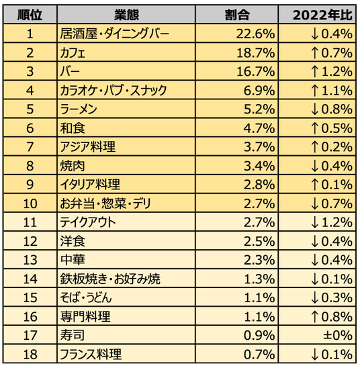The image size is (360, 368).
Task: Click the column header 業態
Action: pyautogui.click(x=126, y=15)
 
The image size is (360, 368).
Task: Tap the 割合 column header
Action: pyautogui.click(x=237, y=15)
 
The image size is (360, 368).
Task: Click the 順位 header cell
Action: pyautogui.click(x=30, y=15)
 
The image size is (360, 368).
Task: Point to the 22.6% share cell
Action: pyautogui.click(x=255, y=34)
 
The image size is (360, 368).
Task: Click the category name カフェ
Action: pyautogui.click(x=73, y=53)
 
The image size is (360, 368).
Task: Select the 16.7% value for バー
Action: pyautogui.click(x=255, y=72)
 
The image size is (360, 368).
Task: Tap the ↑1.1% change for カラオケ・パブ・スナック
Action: pyautogui.click(x=332, y=91)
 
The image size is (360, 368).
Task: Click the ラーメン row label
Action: pyautogui.click(x=79, y=109)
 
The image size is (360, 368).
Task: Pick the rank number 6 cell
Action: pyautogui.click(x=30, y=128)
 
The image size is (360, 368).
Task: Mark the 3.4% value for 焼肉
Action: pyautogui.click(x=259, y=166)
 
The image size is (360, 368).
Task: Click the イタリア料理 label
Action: pyautogui.click(x=90, y=185)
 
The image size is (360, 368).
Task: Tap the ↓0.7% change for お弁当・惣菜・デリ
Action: pyautogui.click(x=332, y=203)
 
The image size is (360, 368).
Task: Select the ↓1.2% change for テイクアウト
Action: pyautogui.click(x=332, y=222)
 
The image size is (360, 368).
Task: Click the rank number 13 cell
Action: pyautogui.click(x=30, y=261)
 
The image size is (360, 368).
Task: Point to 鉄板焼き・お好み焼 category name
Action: pyautogui.click(x=110, y=279)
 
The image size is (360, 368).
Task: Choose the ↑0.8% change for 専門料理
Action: pyautogui.click(x=332, y=317)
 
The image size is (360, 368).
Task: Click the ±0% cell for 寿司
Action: pyautogui.click(x=338, y=336)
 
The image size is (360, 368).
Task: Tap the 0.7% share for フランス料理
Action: pyautogui.click(x=259, y=355)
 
